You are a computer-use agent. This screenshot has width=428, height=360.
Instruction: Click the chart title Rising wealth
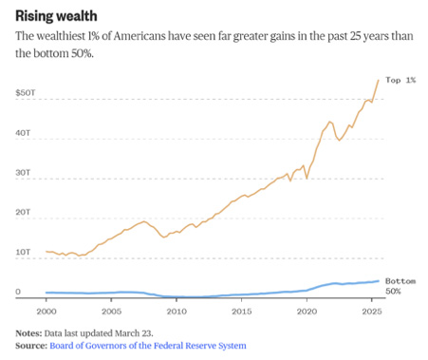coord(56,16)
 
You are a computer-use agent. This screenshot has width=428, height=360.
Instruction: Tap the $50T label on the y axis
coord(26,93)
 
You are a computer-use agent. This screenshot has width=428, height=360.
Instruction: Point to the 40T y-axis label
coord(23,133)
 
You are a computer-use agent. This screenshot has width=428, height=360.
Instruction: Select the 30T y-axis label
coord(23,173)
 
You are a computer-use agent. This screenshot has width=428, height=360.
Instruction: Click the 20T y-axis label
coord(23,212)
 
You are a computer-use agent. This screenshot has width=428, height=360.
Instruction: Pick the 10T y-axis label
coord(23,252)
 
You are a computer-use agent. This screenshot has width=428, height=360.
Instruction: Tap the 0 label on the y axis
coord(18,292)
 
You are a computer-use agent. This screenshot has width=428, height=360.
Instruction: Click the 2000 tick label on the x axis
coord(47,312)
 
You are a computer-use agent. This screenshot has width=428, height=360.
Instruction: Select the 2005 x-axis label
coord(111,312)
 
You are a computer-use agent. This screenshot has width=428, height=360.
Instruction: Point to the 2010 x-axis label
coord(177,312)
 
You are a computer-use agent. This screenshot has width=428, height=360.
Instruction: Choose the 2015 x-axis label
coord(242,312)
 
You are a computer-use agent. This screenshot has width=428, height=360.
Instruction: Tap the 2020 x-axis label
coord(307,312)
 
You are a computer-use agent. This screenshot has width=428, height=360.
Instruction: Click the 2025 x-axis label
coord(372,312)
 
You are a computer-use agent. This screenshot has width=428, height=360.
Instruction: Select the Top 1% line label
coord(400,80)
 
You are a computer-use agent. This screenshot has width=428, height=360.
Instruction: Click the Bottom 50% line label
coord(400,286)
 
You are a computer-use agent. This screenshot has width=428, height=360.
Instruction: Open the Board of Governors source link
coord(148,346)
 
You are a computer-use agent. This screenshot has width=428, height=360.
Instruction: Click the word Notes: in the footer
coord(28,333)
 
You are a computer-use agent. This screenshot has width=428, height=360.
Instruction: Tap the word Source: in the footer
coord(31,346)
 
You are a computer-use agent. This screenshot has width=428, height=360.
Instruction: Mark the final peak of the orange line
coord(379,81)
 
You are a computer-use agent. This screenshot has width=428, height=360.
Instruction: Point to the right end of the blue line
coord(379,281)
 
